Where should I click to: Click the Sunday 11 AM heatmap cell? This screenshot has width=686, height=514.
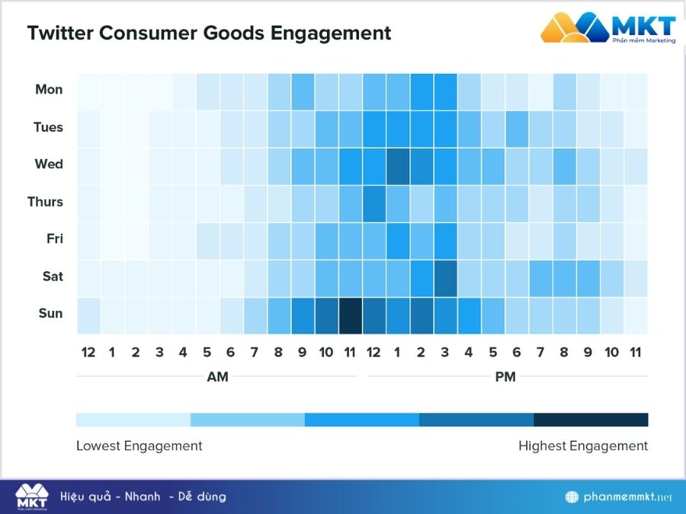click(x=350, y=315)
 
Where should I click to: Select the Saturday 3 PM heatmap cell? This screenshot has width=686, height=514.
click(x=445, y=278)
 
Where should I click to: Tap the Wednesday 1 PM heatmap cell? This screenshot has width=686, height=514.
click(x=398, y=166)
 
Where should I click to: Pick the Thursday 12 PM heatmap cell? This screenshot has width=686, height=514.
click(x=374, y=203)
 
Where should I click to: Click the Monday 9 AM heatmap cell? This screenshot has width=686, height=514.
click(x=303, y=91)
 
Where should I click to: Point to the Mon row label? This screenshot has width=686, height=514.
click(x=49, y=90)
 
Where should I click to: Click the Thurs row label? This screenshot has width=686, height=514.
click(x=45, y=202)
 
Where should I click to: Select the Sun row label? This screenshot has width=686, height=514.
click(x=50, y=314)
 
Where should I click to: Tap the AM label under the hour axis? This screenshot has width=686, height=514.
click(x=217, y=377)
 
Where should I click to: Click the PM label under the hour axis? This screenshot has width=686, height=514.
click(x=505, y=377)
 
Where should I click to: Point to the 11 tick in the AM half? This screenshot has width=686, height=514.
click(x=350, y=353)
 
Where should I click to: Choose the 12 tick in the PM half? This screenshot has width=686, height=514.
click(x=374, y=353)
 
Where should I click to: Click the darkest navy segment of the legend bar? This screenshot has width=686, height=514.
click(x=591, y=420)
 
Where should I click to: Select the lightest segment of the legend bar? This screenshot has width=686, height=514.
click(x=133, y=420)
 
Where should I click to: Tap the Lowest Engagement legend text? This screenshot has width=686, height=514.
click(x=139, y=446)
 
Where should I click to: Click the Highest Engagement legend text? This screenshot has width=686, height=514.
click(x=583, y=446)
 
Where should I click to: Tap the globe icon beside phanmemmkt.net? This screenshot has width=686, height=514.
click(x=572, y=497)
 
